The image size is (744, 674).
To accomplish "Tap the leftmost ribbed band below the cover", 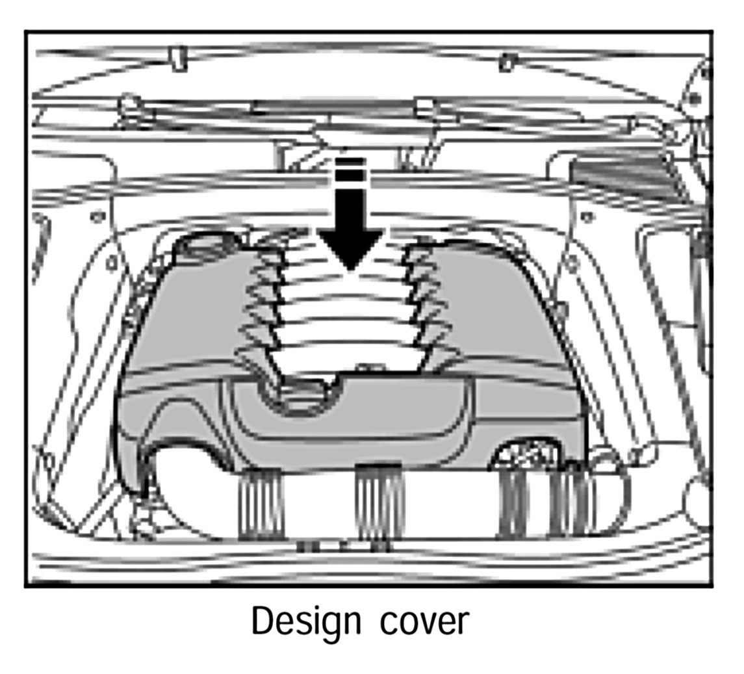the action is pyautogui.click(x=261, y=504).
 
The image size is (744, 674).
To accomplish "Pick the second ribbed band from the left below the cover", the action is pyautogui.click(x=379, y=504).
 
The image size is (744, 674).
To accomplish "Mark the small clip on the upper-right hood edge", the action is pyautogui.click(x=507, y=62).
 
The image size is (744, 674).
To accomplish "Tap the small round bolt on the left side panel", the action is pyautogui.click(x=97, y=217).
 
